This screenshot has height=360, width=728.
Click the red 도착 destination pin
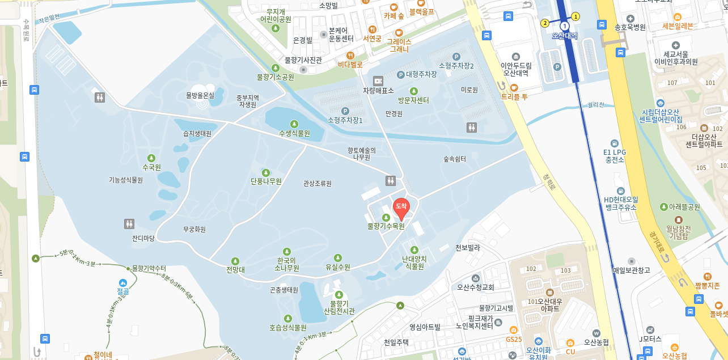click(x=401, y=207)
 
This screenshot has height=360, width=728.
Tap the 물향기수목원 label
click(x=386, y=226)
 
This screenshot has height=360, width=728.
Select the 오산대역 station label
click(x=564, y=36)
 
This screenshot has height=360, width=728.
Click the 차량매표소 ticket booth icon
click(x=378, y=81)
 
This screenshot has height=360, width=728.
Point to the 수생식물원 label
click(x=294, y=133)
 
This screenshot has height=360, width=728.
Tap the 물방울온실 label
click(x=200, y=95)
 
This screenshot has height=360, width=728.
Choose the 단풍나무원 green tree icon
click(x=266, y=172)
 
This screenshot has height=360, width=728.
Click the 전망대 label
click(x=235, y=270)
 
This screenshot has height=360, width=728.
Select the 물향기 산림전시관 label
click(x=339, y=307)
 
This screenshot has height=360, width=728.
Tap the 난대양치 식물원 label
click(x=414, y=262)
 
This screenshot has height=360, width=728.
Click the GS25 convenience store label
click(x=514, y=339)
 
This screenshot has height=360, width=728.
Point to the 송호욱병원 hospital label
click(x=630, y=27)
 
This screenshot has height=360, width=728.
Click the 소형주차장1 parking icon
click(x=345, y=111)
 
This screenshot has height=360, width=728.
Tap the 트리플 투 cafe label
click(x=514, y=97)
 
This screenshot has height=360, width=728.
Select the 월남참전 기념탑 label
click(x=678, y=232)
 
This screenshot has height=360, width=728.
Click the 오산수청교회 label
click(x=476, y=287)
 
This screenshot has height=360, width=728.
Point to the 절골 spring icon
click(x=123, y=282)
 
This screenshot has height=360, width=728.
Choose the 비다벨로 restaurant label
click(x=350, y=65)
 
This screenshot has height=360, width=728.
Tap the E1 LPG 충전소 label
click(x=614, y=156)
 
